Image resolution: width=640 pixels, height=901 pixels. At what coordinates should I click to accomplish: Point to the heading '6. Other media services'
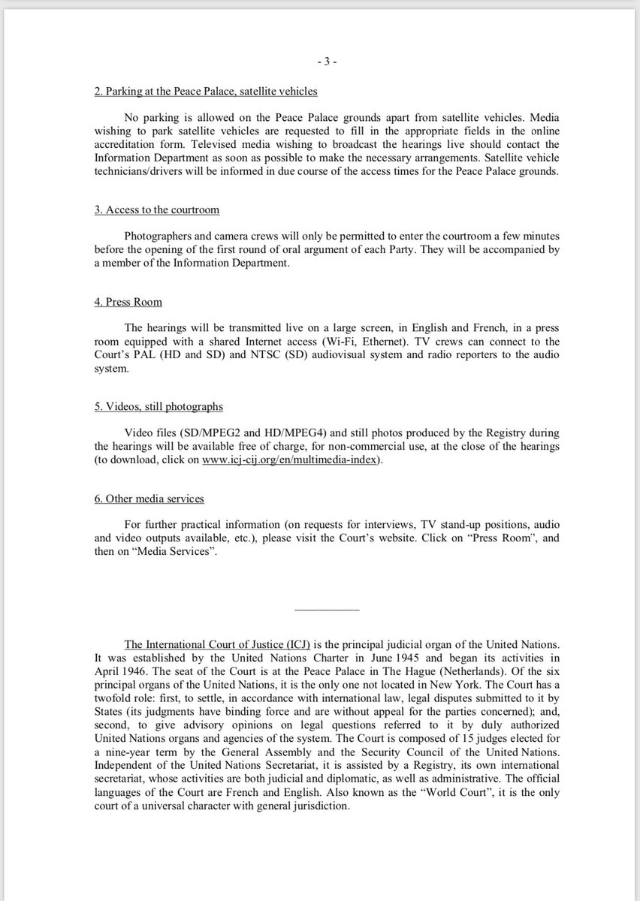[149, 499]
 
